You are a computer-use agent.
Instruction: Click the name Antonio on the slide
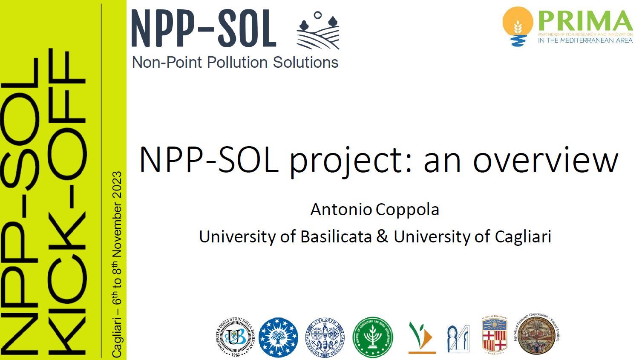point(341,210)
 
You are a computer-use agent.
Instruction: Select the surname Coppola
point(407,210)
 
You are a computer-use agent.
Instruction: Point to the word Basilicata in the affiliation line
point(336,237)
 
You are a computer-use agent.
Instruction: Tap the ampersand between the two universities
point(382,236)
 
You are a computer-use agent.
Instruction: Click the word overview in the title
point(545,161)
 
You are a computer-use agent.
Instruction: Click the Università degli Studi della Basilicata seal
point(235,337)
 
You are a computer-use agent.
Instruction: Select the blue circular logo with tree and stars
point(278,337)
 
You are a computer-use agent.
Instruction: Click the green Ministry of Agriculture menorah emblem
point(373,337)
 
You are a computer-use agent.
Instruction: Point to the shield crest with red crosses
point(495,336)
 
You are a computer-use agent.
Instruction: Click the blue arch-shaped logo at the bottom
point(458,338)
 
